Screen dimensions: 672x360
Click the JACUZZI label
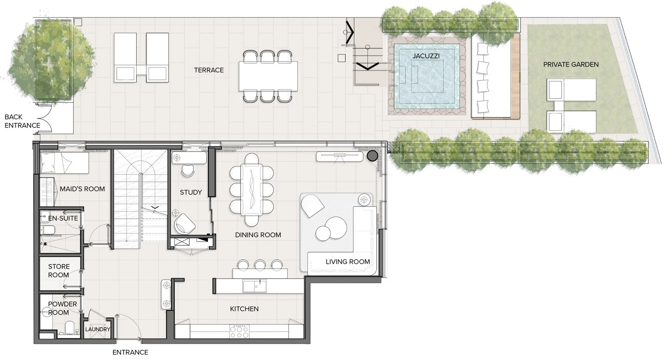(426, 56)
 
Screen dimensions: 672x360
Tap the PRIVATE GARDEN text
(571, 64)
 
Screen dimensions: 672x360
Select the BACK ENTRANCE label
(22, 121)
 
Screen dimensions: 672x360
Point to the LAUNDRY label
(97, 329)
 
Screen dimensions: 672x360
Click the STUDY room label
(191, 192)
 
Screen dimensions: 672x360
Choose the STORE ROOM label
(59, 271)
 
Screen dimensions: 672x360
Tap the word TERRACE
(209, 70)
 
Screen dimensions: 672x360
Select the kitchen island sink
(254, 286)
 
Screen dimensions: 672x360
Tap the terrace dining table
(268, 76)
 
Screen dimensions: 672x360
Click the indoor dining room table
(252, 189)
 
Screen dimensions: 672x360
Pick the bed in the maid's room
(64, 163)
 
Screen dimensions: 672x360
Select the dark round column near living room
(372, 156)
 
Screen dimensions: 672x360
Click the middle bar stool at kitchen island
(260, 265)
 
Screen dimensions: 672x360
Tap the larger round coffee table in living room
(336, 228)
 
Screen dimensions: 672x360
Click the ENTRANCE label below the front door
(130, 352)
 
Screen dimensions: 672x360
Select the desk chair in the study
(188, 170)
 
